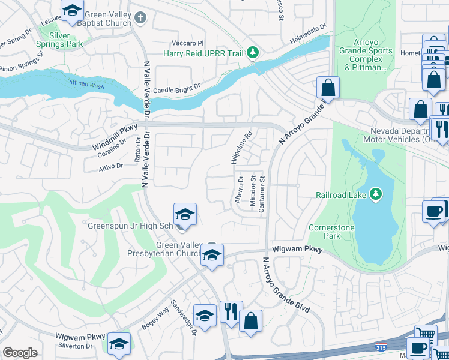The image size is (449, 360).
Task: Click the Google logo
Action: [20, 352]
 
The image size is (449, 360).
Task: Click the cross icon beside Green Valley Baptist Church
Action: [140, 16]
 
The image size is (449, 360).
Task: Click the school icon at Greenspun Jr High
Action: [185, 214]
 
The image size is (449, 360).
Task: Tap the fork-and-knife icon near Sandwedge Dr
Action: [231, 312]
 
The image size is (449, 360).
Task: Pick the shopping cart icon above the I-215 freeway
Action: [426, 335]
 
